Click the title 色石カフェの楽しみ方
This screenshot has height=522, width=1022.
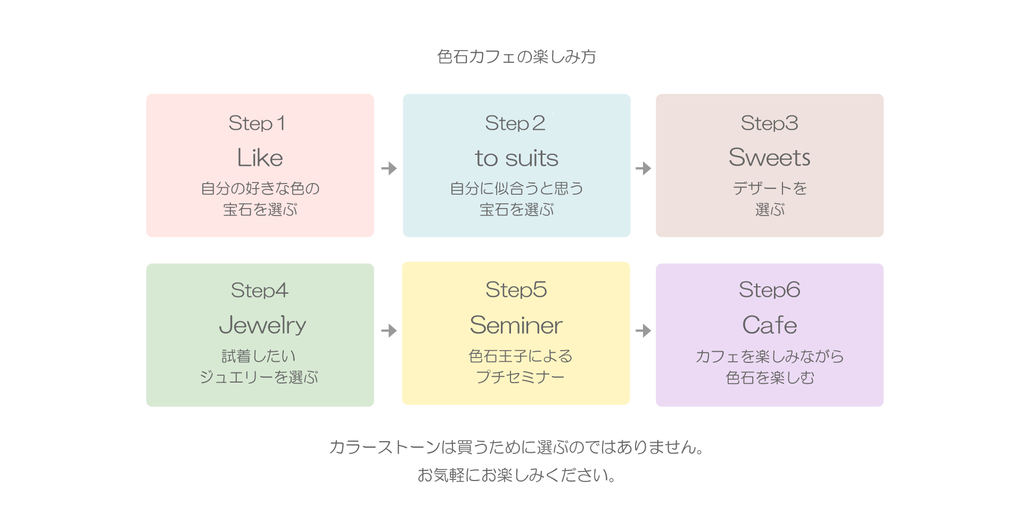516,56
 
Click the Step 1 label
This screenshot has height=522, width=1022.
257,123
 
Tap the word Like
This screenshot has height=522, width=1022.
260,158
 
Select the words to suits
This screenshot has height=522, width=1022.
516,158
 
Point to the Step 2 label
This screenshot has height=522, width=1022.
515,123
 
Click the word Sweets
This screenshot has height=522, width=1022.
769,158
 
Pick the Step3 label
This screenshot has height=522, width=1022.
770,123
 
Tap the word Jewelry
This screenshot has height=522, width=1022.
262,325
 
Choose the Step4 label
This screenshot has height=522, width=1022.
260,291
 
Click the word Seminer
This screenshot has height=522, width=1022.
516,325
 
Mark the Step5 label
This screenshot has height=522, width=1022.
516,290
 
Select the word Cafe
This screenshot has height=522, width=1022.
770,325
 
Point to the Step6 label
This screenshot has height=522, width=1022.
770,290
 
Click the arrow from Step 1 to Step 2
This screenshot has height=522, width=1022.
389,169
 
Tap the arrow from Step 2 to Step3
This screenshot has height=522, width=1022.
644,169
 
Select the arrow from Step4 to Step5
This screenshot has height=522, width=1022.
389,331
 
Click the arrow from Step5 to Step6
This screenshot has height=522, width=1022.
644,331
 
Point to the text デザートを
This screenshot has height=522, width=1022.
770,188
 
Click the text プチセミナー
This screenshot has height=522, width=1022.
520,377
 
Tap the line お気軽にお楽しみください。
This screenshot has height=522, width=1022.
516,475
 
